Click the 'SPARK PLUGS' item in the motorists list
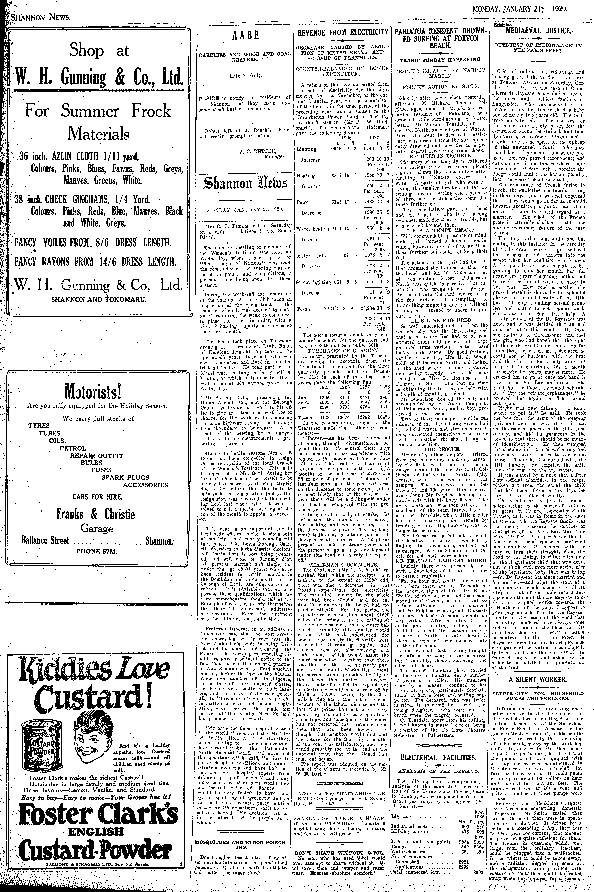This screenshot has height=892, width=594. (125, 477)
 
